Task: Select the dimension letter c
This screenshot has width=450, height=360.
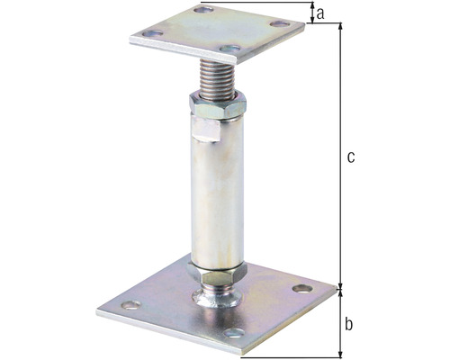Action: click(351, 157)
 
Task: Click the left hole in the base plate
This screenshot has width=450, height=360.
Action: click(130, 305)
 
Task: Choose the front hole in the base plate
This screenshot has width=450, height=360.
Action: click(233, 334)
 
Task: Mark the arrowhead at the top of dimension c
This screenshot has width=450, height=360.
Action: click(340, 28)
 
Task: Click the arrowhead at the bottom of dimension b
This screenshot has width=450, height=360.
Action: click(340, 353)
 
